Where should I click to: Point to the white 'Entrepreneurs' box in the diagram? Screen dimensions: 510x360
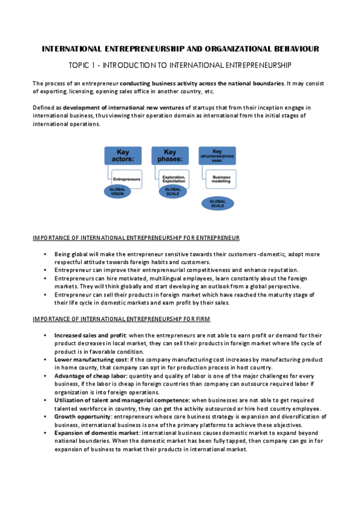tap(127, 179)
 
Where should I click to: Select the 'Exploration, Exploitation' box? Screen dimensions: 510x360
tap(173, 179)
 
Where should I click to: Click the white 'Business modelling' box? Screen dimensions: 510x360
tap(221, 178)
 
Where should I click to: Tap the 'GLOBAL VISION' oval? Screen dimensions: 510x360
tap(117, 191)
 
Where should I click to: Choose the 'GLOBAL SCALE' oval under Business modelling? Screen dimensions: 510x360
tap(217, 203)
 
